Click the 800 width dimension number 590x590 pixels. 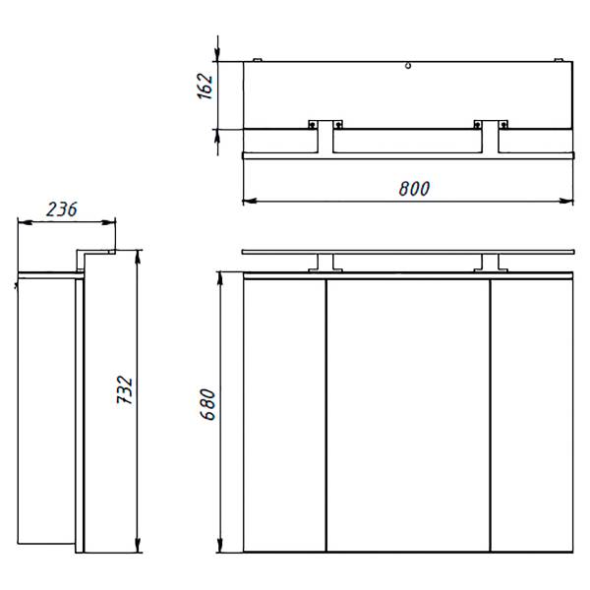(x=414, y=189)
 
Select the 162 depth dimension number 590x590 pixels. (x=206, y=87)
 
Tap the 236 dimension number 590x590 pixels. (x=62, y=209)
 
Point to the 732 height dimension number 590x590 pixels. (x=125, y=389)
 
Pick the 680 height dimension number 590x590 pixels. (x=207, y=404)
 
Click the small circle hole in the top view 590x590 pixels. (x=408, y=66)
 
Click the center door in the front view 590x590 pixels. (x=408, y=415)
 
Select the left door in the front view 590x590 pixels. (x=284, y=415)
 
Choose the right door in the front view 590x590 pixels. (x=532, y=415)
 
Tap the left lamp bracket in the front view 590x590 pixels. (x=325, y=263)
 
